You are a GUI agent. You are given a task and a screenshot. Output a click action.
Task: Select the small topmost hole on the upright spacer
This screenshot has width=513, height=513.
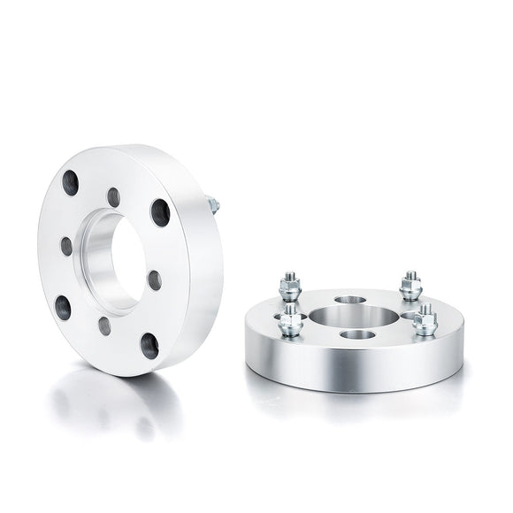pyautogui.click(x=114, y=196)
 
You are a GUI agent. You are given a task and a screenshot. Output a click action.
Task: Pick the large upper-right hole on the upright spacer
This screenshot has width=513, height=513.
pyautogui.click(x=160, y=211)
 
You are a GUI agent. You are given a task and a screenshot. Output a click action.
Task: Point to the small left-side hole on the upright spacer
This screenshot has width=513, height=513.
pyautogui.click(x=66, y=245)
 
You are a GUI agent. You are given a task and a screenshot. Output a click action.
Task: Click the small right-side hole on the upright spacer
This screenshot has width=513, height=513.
pyautogui.click(x=155, y=280)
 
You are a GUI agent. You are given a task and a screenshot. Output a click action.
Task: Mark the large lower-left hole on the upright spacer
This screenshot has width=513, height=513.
pyautogui.click(x=62, y=307)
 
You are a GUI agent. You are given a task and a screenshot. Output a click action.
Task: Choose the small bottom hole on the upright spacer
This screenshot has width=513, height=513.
pyautogui.click(x=104, y=325)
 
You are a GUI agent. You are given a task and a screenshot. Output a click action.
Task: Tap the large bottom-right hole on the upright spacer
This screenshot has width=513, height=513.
pyautogui.click(x=149, y=346)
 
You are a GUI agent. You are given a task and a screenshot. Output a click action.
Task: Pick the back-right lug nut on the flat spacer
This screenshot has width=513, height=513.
pyautogui.click(x=409, y=284)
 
